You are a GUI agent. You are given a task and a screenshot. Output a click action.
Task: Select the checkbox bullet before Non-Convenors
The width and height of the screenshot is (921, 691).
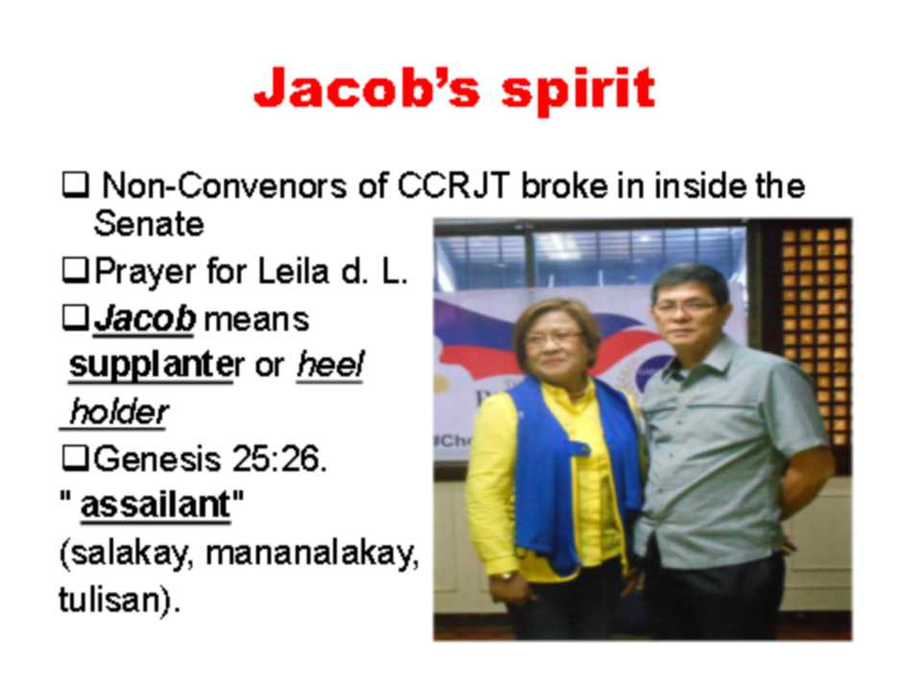click(76, 185)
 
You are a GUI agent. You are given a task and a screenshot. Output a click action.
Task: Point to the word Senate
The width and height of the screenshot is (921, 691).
click(149, 224)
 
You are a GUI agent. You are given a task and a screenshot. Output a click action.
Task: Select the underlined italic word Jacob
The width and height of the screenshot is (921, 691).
click(145, 319)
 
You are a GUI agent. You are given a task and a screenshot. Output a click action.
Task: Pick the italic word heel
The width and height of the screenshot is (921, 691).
click(330, 365)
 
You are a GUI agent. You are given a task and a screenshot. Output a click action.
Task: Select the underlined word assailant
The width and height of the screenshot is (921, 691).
click(155, 506)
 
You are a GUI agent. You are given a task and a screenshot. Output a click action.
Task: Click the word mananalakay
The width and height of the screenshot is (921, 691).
click(312, 554)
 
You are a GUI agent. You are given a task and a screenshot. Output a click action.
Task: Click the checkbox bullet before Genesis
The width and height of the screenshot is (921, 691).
click(76, 459)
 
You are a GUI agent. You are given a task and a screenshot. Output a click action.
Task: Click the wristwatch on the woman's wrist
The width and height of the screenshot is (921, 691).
click(506, 577)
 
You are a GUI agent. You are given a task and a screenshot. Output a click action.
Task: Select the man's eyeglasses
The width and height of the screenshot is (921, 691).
click(686, 306)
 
